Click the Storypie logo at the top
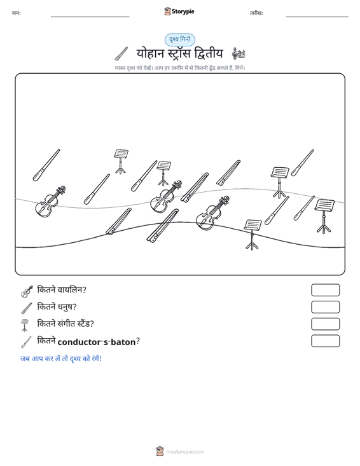pyautogui.click(x=179, y=11)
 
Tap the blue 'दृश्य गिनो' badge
pyautogui.click(x=180, y=39)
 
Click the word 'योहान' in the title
pyautogui.click(x=150, y=54)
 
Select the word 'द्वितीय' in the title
pyautogui.click(x=208, y=54)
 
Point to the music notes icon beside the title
pyautogui.click(x=239, y=53)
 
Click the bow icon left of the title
pyautogui.click(x=121, y=53)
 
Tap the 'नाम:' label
pyautogui.click(x=16, y=13)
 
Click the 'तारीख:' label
pyautogui.click(x=256, y=13)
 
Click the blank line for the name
pyautogui.click(x=90, y=17)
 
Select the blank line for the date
pyautogui.click(x=317, y=17)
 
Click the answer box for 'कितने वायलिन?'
pyautogui.click(x=325, y=290)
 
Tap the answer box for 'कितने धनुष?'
pyautogui.click(x=325, y=307)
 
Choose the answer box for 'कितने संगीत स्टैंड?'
pyautogui.click(x=325, y=324)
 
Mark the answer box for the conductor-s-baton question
pyautogui.click(x=325, y=341)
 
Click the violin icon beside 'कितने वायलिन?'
pyautogui.click(x=27, y=291)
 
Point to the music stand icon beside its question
pyautogui.click(x=25, y=325)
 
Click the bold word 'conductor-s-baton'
pyautogui.click(x=97, y=342)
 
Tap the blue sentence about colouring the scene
pyautogui.click(x=61, y=359)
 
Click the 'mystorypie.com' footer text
pyautogui.click(x=184, y=452)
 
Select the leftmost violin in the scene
pyautogui.click(x=50, y=202)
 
